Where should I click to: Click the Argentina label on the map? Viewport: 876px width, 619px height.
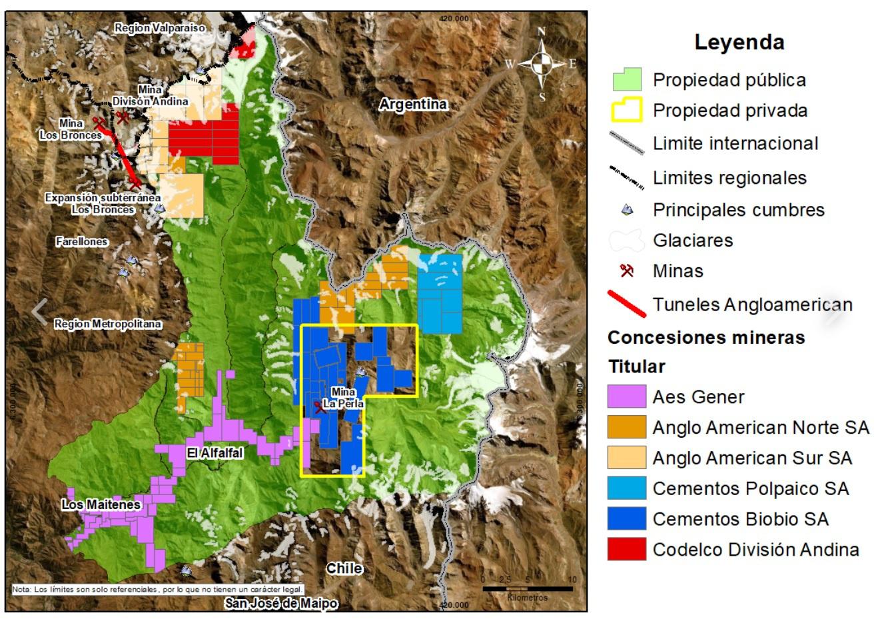tap(413, 105)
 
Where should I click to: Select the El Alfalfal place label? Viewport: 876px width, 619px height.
tap(215, 453)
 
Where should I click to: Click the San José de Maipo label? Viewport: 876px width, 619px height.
tap(280, 604)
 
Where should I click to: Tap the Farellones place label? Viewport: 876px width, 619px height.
tap(82, 242)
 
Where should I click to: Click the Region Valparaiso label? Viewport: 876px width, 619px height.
tap(160, 28)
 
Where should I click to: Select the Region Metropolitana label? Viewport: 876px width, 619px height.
tap(108, 324)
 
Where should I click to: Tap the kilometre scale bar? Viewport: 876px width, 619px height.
tap(528, 588)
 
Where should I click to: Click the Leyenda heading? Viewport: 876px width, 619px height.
tap(739, 42)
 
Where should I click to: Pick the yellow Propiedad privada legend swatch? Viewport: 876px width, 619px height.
tap(627, 111)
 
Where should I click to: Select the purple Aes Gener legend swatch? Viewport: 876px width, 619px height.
tap(627, 396)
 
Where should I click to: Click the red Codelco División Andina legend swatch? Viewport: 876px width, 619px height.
tap(627, 549)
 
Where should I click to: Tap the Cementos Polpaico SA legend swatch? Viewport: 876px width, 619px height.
tap(627, 488)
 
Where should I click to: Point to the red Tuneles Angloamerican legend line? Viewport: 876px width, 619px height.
tap(627, 305)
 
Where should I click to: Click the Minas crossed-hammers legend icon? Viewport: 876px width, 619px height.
tap(626, 271)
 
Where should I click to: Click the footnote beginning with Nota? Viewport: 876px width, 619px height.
tap(158, 589)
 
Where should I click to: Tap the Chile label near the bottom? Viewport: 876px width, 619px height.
tap(344, 568)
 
